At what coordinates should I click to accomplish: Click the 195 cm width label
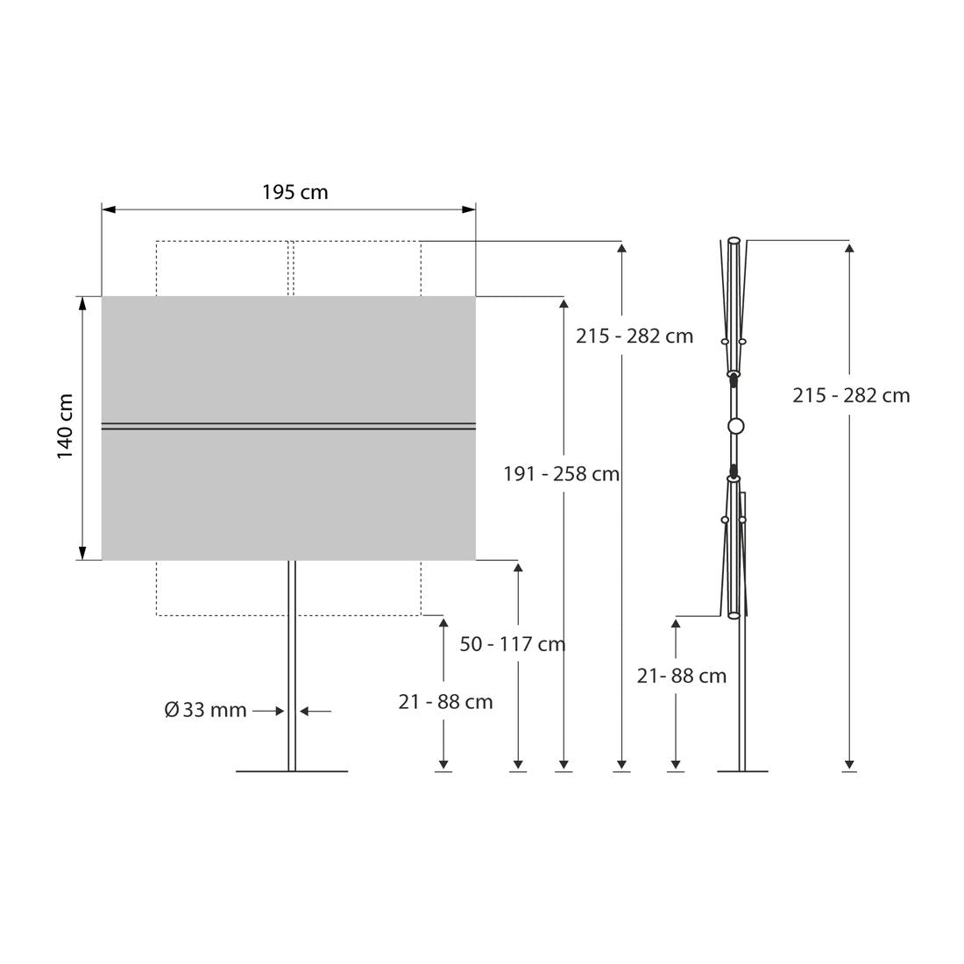pos(295,192)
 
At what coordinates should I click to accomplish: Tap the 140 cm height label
pos(65,427)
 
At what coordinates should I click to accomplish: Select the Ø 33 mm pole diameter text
pos(205,710)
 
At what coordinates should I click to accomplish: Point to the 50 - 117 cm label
pos(512,644)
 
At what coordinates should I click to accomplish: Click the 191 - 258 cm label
pos(561,474)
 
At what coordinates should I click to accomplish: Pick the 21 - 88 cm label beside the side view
pos(681,677)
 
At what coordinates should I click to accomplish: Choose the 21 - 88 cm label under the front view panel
pos(445,702)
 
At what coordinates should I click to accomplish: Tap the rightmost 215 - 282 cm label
pos(851,395)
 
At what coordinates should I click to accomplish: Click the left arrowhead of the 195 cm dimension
pos(109,209)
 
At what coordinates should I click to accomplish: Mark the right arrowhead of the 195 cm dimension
pos(469,209)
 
